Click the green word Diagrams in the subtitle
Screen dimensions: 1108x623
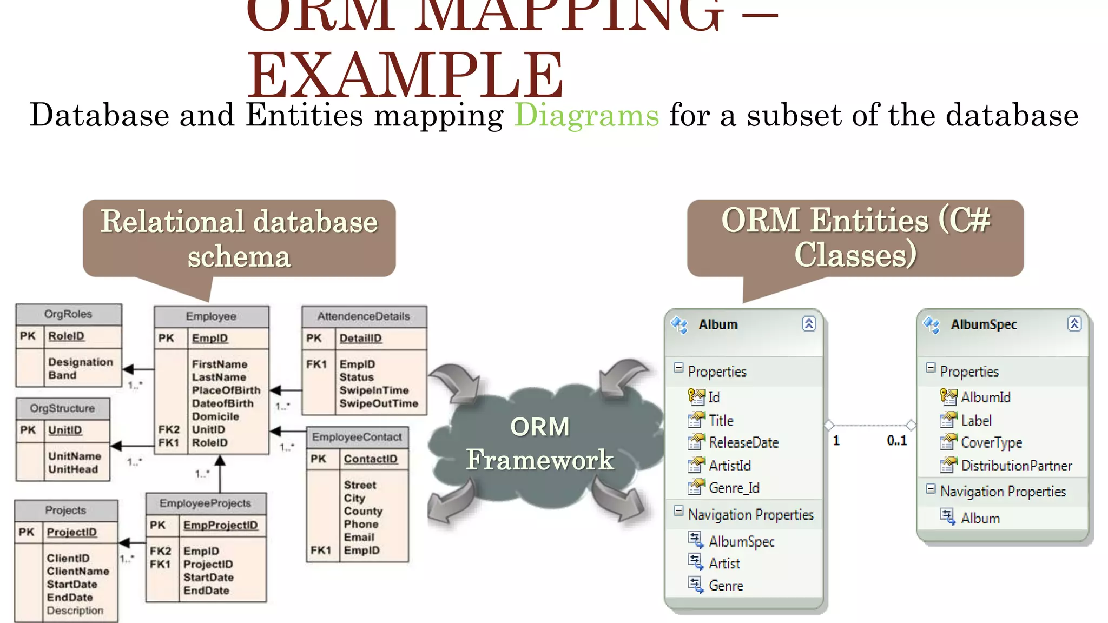586,115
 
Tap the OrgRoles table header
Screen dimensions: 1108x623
68,314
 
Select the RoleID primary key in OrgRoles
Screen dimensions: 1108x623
66,336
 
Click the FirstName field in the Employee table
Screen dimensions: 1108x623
219,364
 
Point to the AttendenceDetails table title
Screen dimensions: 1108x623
364,316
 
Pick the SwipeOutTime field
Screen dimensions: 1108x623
379,403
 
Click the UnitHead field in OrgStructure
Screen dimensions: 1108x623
73,469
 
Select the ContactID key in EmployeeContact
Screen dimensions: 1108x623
371,459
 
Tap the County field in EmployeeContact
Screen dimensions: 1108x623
363,511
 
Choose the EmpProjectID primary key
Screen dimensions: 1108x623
220,525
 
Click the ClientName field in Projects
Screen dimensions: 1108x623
78,571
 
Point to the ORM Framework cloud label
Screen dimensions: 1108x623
540,443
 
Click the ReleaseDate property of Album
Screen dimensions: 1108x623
743,443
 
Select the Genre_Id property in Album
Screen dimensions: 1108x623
734,488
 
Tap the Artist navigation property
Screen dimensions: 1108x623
724,564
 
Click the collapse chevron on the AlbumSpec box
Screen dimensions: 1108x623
1074,324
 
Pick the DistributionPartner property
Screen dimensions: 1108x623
1016,466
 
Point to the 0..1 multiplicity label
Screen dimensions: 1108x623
896,441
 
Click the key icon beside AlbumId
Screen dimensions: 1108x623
948,397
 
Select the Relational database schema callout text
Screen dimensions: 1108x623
239,238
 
